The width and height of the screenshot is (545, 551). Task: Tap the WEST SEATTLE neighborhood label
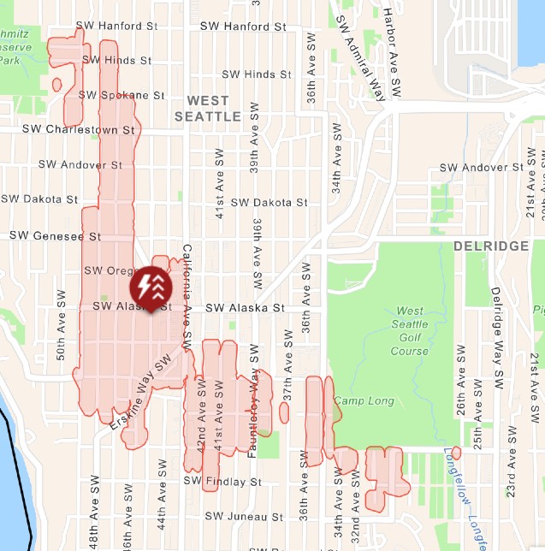(x=208, y=108)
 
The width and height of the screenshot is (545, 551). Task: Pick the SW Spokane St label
(x=121, y=95)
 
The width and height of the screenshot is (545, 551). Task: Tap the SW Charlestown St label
(x=79, y=130)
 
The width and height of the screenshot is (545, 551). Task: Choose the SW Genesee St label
(x=55, y=235)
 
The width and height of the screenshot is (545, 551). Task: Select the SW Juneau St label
(x=243, y=517)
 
